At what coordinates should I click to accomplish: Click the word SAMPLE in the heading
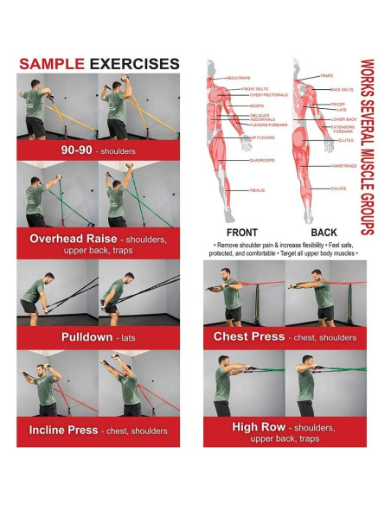[x=51, y=63]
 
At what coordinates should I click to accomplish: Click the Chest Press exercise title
[x=248, y=336]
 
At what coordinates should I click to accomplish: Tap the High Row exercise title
[x=260, y=426]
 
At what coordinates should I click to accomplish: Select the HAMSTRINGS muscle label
[x=343, y=165]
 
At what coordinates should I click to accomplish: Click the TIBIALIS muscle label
[x=255, y=189]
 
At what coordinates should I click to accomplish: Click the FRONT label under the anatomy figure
[x=241, y=233]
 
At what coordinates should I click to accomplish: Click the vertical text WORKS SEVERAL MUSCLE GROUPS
[x=367, y=147]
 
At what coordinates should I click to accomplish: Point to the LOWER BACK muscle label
[x=343, y=118]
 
